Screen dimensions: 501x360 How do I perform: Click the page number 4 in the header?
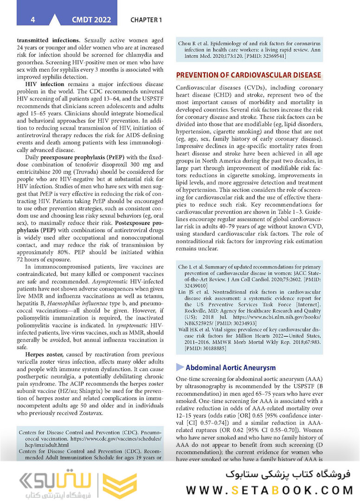coord(32,20)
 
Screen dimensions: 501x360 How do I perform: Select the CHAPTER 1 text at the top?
coord(146,20)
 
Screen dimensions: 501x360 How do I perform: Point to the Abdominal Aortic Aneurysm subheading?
coord(231,367)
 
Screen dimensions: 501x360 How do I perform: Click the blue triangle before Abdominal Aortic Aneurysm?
coord(180,367)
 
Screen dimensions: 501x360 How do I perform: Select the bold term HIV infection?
coord(45,85)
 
